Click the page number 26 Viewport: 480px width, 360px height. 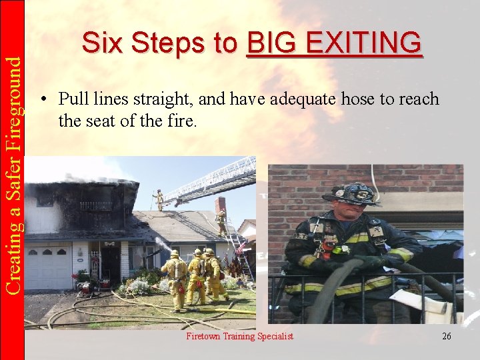[446, 336]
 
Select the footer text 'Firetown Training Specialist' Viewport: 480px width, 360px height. [239, 336]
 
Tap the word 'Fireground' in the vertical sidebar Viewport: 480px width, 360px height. [13, 111]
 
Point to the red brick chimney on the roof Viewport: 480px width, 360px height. [221, 203]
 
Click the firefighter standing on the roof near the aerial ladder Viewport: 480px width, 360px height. [159, 199]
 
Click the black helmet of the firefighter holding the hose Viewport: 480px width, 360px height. [351, 194]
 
